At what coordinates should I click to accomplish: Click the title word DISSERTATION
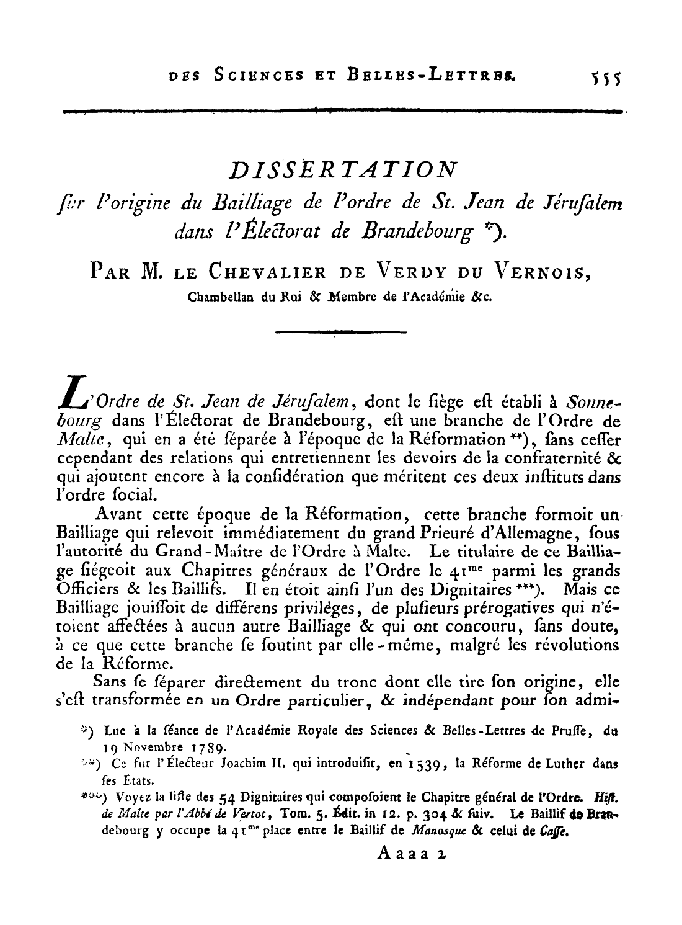pyautogui.click(x=343, y=169)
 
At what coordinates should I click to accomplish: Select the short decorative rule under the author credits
pyautogui.click(x=340, y=333)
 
